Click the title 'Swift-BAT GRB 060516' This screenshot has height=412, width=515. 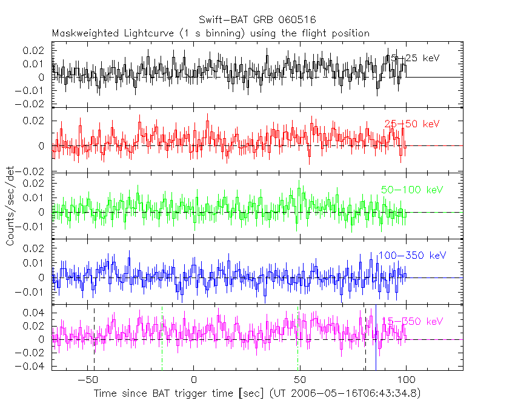click(257, 21)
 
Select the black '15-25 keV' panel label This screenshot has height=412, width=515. click(413, 58)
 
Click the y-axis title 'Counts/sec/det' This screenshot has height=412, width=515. click(10, 206)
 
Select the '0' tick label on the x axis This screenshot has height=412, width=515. click(194, 379)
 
